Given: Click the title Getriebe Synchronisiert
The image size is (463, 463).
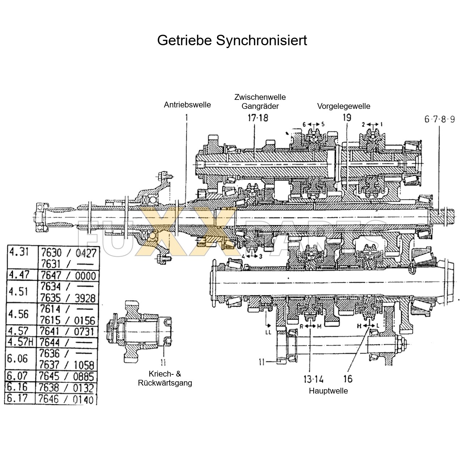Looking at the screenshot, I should click(232, 40).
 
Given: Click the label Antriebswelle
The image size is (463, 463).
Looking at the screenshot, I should click(187, 105).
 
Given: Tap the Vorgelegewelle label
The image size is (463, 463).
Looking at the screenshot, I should click(344, 106).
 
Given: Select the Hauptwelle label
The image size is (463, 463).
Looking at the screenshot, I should click(328, 391).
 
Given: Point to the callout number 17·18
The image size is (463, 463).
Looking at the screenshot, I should click(258, 118).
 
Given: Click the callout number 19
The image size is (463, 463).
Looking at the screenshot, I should click(347, 118).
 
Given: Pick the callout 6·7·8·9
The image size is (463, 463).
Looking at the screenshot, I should click(439, 119).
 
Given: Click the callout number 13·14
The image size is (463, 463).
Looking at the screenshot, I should click(313, 379).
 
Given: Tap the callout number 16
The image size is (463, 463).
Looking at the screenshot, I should click(348, 379).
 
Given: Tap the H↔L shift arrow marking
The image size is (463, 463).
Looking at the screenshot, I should click(368, 326).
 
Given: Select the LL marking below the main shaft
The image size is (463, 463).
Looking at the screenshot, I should click(268, 332).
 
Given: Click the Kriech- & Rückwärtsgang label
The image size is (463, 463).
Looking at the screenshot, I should click(165, 378).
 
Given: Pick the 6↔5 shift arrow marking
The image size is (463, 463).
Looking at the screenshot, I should click(313, 124).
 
